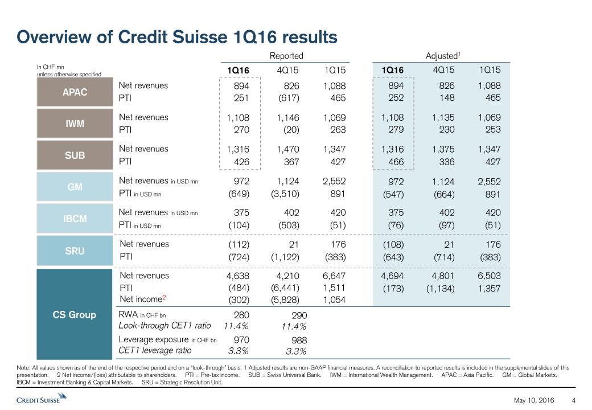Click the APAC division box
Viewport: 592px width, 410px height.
(x=75, y=92)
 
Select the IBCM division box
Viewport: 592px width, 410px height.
(x=75, y=218)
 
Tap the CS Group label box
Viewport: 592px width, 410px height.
(x=75, y=314)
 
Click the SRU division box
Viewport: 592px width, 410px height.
(x=75, y=249)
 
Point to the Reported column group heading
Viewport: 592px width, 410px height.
(x=286, y=56)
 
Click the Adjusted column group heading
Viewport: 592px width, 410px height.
(x=442, y=56)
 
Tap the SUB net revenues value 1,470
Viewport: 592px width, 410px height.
(x=286, y=149)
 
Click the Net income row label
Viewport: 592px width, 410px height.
(x=139, y=299)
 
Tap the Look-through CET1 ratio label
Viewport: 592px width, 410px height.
(x=165, y=325)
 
